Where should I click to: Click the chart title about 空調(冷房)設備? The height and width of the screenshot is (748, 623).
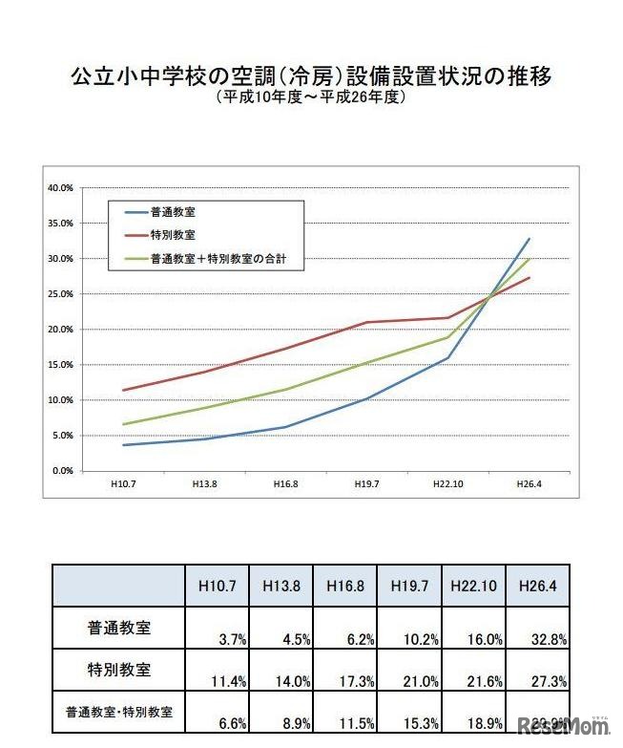pyautogui.click(x=311, y=77)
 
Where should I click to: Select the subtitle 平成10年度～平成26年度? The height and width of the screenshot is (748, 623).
pyautogui.click(x=311, y=98)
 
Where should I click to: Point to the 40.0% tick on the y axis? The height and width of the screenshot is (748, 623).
pyautogui.click(x=60, y=188)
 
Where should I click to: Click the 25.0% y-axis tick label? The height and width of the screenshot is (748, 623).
pyautogui.click(x=60, y=294)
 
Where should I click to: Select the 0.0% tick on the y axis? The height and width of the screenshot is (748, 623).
pyautogui.click(x=62, y=471)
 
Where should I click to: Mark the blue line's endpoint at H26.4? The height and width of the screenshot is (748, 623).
pyautogui.click(x=529, y=239)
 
